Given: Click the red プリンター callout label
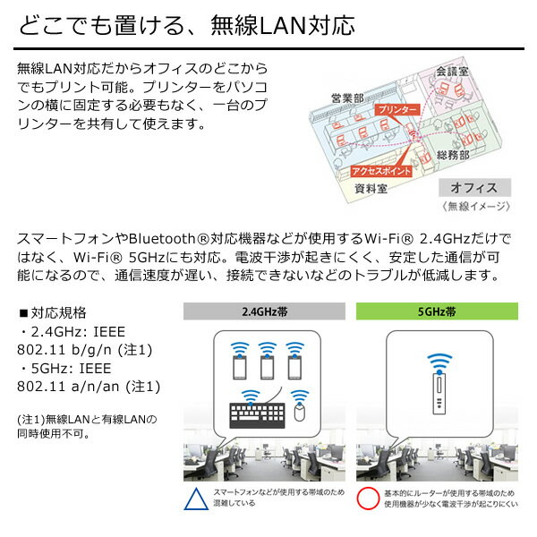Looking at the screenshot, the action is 397,109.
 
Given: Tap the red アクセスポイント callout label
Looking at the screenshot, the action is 381,171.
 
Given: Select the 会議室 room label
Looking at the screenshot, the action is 452,72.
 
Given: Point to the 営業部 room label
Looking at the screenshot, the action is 347,98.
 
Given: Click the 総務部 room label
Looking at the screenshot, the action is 452,155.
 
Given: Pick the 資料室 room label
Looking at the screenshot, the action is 371,188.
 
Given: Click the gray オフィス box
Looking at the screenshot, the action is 474,187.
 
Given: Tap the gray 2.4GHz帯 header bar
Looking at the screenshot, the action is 264,311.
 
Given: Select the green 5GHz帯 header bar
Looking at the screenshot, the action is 437,311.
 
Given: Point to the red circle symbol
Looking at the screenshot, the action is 368,499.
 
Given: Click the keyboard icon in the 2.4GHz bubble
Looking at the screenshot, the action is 257,415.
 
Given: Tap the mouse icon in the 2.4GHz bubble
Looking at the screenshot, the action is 299,412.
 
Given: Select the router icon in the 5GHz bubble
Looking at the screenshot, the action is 439,394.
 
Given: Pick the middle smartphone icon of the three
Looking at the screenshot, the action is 267,367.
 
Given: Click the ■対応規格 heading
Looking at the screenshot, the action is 53,312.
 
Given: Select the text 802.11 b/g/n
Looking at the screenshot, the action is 64,350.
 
